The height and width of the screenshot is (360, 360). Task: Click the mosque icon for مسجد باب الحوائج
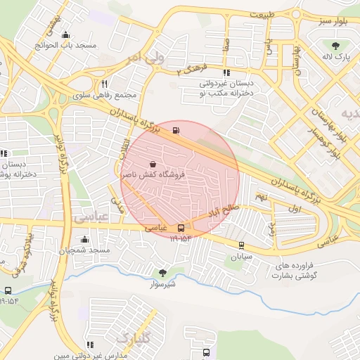tap(66, 34)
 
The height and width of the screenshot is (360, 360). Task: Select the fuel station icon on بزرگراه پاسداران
tap(175, 129)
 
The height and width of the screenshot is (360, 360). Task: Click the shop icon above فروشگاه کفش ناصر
tap(153, 163)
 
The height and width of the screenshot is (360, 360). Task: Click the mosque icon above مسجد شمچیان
tap(85, 239)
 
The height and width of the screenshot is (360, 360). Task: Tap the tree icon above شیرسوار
tap(162, 273)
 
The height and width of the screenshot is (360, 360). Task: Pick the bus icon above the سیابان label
tap(241, 245)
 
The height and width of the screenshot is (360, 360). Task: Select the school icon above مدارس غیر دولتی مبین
tap(90, 344)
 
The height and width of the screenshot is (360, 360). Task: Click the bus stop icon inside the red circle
tap(181, 228)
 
